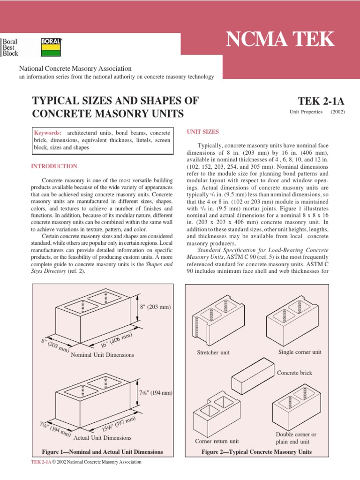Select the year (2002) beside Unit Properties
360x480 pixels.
coord(337,112)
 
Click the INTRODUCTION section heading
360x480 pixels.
coord(54,166)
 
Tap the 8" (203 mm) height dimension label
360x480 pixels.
coord(156,307)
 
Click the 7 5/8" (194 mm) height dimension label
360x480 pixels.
coord(157,392)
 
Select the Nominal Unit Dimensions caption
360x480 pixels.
coord(102,355)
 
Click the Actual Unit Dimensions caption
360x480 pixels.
coord(103,438)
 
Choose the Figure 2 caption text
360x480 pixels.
coord(256,452)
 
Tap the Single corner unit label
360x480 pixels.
coord(300,352)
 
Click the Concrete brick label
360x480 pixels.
coord(294,373)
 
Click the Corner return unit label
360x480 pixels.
coord(217,441)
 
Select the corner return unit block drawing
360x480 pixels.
coord(217,415)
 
